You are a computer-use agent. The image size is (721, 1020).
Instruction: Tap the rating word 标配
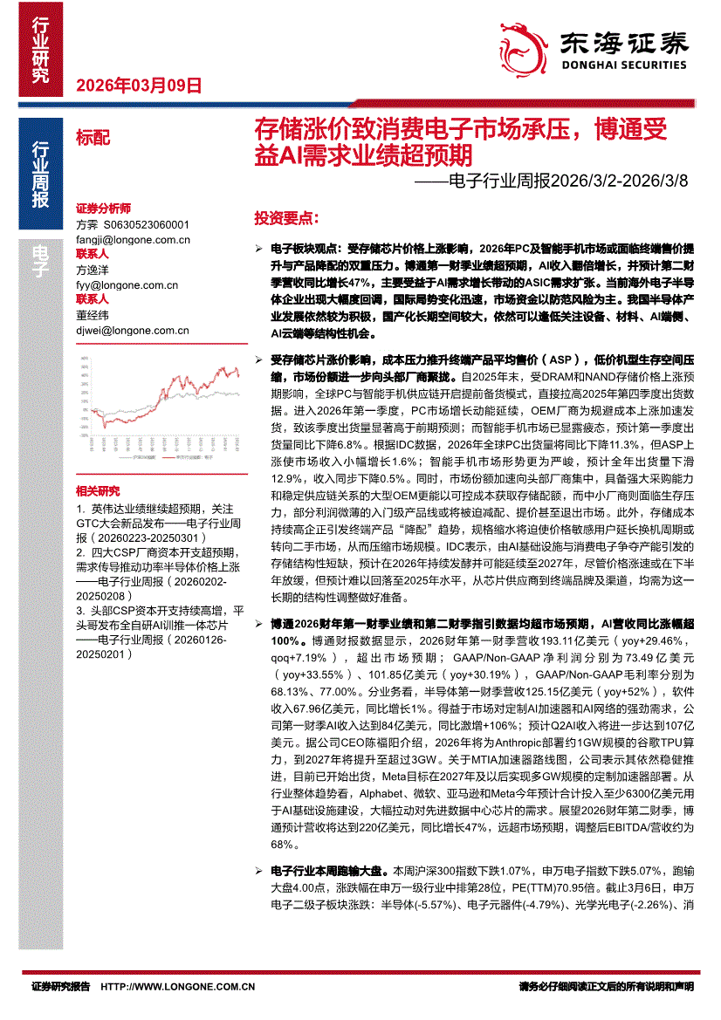coord(93,137)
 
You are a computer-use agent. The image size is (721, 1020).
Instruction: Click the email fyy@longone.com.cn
coord(127,284)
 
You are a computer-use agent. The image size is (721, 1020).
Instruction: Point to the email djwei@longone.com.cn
coord(133,330)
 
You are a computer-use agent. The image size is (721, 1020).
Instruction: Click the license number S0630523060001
coord(144,224)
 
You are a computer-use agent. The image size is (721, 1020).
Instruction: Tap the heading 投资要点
coord(286,216)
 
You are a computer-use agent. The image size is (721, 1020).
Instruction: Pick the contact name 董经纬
coord(93,315)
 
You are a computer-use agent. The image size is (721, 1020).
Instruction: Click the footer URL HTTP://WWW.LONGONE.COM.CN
coord(178,987)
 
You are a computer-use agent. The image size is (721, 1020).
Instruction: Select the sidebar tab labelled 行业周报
coord(39,175)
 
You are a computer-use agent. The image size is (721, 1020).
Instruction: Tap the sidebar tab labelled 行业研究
coord(39,51)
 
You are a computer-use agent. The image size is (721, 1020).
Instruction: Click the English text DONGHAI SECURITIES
coord(623,64)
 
